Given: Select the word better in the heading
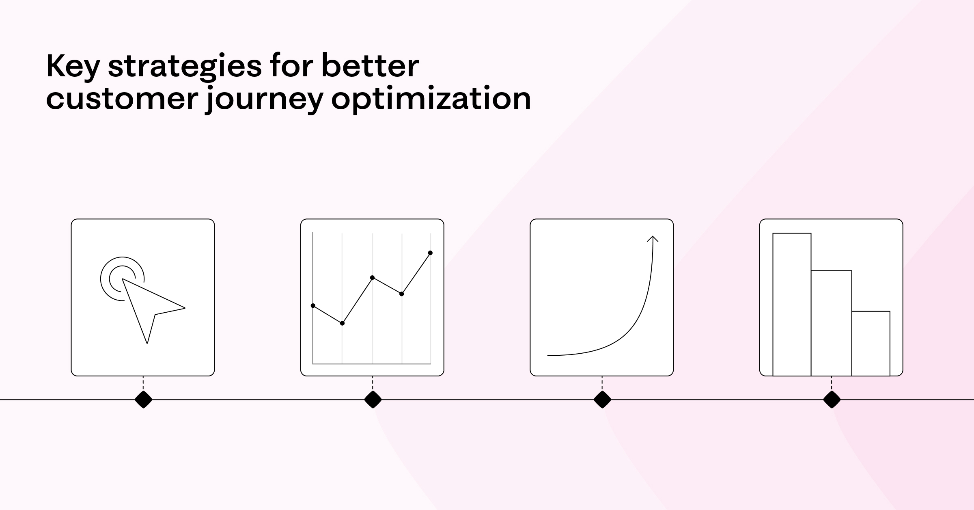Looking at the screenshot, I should [370, 66].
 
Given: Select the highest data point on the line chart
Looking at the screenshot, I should [430, 253].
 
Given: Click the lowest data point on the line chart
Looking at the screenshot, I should [342, 323].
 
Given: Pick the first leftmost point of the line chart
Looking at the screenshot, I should [313, 305].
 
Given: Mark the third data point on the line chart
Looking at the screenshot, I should [372, 278].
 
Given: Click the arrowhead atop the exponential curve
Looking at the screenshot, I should [652, 239].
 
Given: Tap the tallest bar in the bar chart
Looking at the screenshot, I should [792, 305].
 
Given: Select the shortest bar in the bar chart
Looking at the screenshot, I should [871, 344].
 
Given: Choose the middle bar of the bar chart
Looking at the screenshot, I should [831, 323].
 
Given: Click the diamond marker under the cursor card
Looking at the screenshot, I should [143, 400].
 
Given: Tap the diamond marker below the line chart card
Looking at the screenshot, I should [373, 400].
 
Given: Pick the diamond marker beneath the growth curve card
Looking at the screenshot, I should [602, 400].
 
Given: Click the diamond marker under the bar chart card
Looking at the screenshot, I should [832, 400].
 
